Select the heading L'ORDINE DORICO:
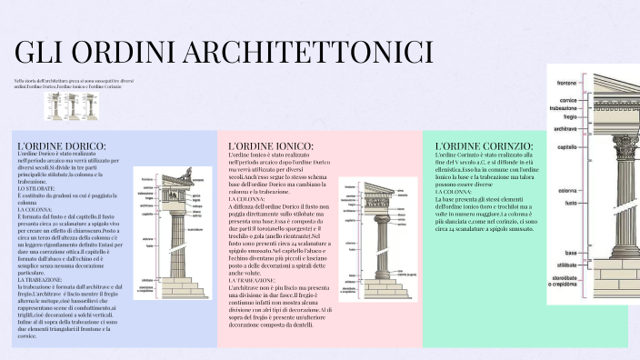61,145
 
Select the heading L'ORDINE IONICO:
270,145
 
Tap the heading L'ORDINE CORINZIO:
484,145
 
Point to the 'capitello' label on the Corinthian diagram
567,146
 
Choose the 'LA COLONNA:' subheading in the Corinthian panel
454,193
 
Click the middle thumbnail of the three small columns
73,106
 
